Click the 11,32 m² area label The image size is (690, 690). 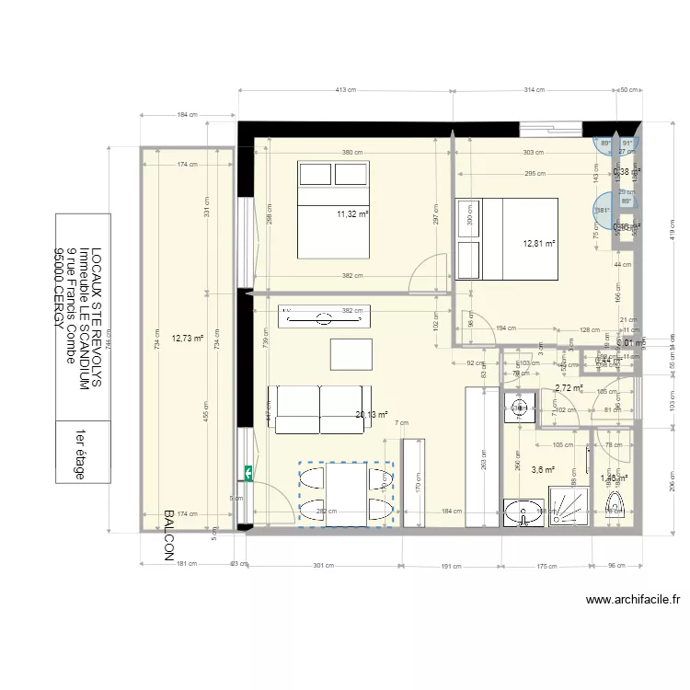pyautogui.click(x=351, y=214)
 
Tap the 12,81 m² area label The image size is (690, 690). pyautogui.click(x=539, y=244)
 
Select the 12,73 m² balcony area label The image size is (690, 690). pyautogui.click(x=187, y=338)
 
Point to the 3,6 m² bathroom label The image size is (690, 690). pyautogui.click(x=544, y=469)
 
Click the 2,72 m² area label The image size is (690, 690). pyautogui.click(x=569, y=388)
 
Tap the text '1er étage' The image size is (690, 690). pyautogui.click(x=81, y=454)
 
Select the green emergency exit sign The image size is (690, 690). pyautogui.click(x=247, y=473)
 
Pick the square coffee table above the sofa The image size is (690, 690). pyautogui.click(x=351, y=353)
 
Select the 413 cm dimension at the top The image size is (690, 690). pyautogui.click(x=344, y=90)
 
